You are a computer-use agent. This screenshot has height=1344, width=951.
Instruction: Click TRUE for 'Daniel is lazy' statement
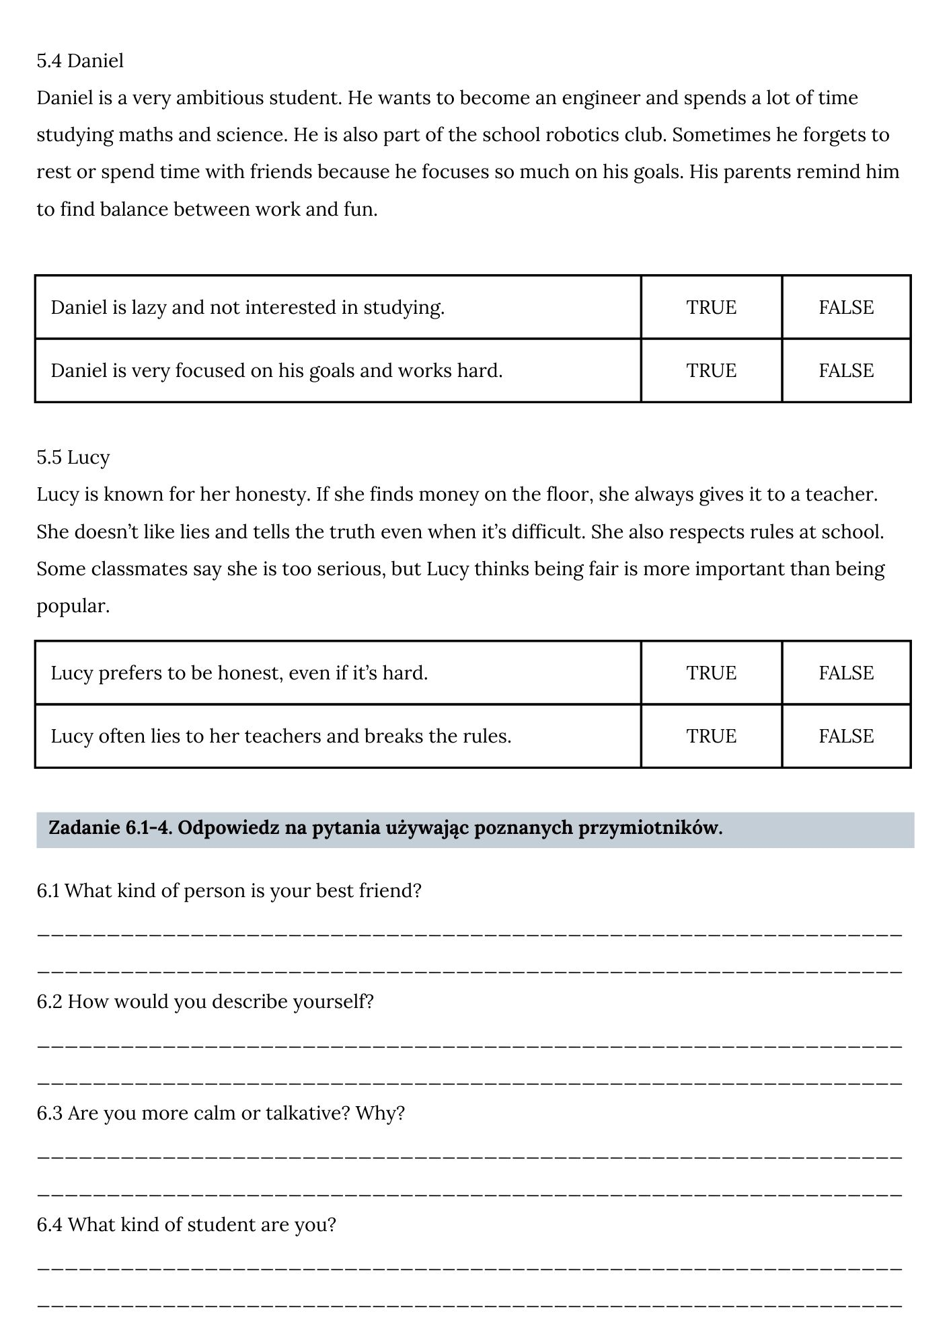click(711, 307)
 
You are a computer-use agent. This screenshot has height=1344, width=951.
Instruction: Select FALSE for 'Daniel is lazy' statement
click(845, 307)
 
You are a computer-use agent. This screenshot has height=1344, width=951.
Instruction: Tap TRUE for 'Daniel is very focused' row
click(711, 370)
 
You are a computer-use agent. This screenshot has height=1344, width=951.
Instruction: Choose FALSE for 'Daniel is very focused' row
click(845, 370)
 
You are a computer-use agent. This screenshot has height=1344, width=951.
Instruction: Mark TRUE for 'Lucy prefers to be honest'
click(711, 673)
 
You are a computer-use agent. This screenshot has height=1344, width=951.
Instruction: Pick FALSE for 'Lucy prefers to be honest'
click(845, 673)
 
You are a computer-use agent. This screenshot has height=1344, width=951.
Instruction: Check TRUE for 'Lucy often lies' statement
click(711, 736)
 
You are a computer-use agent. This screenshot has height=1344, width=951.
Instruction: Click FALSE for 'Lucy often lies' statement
click(845, 736)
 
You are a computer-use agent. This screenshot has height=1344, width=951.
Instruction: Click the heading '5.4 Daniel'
click(80, 60)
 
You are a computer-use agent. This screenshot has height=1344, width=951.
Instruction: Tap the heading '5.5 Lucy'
click(73, 457)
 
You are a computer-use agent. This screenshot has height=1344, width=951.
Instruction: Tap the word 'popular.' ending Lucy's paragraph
click(73, 606)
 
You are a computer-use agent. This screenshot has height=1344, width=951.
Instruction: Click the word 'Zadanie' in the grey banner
click(84, 828)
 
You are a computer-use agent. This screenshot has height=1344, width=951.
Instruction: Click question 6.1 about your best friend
click(229, 890)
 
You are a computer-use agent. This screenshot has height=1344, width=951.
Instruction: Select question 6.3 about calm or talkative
click(221, 1113)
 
